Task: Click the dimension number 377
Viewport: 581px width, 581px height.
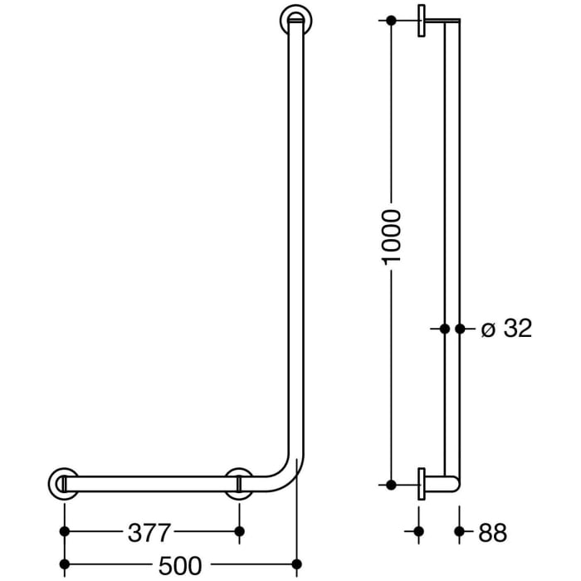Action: pyautogui.click(x=150, y=531)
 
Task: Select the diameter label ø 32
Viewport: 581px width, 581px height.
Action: pyautogui.click(x=506, y=329)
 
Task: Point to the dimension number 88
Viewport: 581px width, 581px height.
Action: pyautogui.click(x=492, y=531)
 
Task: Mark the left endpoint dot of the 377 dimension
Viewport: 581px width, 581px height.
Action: pyautogui.click(x=64, y=531)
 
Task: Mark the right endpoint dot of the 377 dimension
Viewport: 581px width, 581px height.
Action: pyautogui.click(x=239, y=531)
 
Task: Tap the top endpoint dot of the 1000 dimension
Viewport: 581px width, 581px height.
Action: pyautogui.click(x=391, y=19)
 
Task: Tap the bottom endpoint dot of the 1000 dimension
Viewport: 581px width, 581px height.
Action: pyautogui.click(x=391, y=484)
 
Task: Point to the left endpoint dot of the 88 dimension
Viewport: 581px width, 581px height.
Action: pyautogui.click(x=418, y=531)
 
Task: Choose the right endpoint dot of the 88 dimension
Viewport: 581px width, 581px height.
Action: pyautogui.click(x=459, y=531)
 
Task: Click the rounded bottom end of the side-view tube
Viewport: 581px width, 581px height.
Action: pyautogui.click(x=452, y=484)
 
